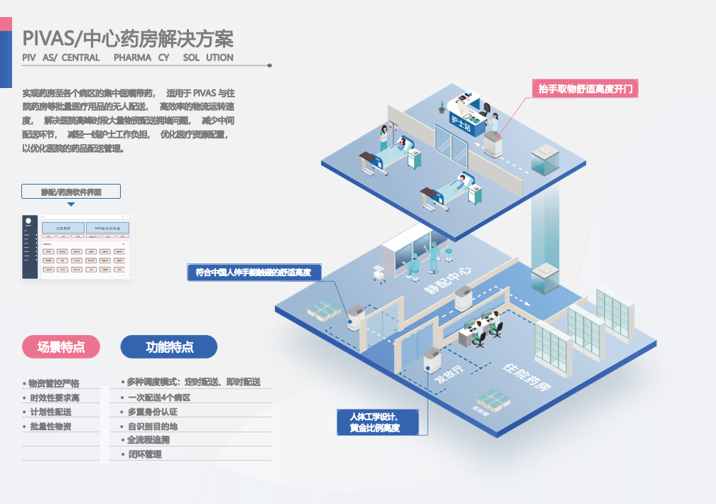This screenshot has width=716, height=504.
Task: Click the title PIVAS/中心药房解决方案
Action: [x=128, y=38]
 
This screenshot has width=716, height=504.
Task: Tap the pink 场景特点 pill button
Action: [x=61, y=347]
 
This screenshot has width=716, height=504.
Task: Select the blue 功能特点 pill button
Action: [x=169, y=347]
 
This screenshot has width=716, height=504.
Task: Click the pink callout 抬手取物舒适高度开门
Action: [x=585, y=89]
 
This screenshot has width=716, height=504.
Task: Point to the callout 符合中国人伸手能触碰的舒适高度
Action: [x=254, y=272]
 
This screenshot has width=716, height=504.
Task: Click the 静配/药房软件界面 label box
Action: [x=71, y=192]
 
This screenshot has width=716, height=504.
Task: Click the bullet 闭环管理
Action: [x=145, y=454]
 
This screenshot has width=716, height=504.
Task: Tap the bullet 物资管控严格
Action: [x=54, y=383]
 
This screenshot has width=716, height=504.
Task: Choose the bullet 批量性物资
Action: [x=50, y=427]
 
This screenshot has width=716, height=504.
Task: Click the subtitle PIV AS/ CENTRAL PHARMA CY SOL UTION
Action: [x=128, y=57]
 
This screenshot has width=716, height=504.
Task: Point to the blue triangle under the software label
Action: [x=71, y=204]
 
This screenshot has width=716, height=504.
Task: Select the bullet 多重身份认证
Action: [x=153, y=412]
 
